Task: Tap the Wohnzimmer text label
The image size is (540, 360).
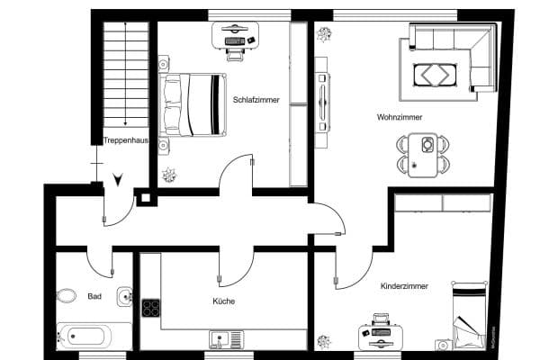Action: (x=400, y=118)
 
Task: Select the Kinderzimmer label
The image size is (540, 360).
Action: (x=404, y=285)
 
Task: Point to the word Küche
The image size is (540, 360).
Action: (x=224, y=301)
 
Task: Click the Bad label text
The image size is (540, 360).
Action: (x=94, y=295)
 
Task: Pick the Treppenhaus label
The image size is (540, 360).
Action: (x=125, y=140)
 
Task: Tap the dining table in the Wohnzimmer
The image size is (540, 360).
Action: (x=422, y=155)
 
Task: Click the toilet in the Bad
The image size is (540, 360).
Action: (x=66, y=295)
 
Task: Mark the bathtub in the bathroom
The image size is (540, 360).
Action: (x=83, y=337)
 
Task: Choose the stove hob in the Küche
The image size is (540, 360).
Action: (x=151, y=307)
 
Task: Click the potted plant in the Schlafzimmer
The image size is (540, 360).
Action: (x=167, y=175)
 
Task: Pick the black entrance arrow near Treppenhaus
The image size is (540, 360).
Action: (x=117, y=179)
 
